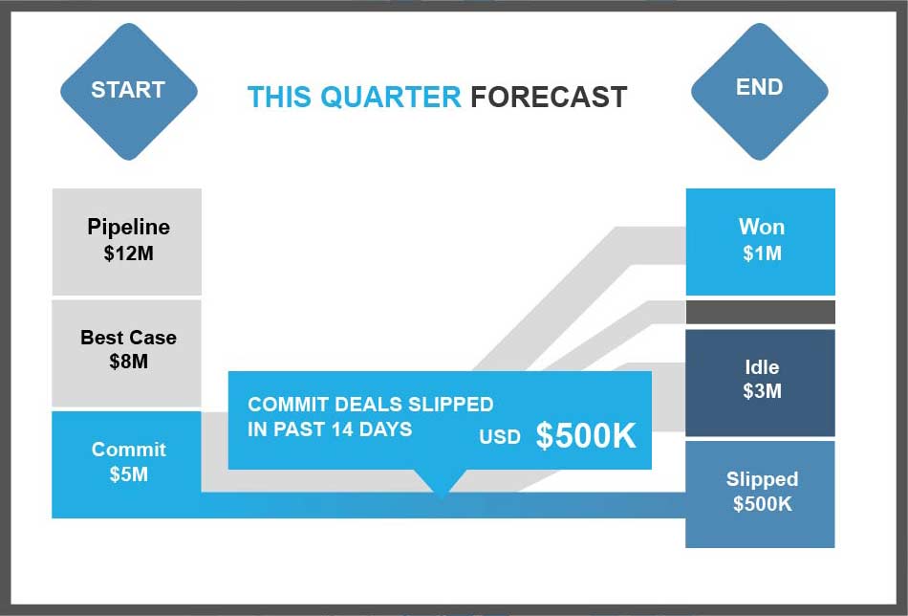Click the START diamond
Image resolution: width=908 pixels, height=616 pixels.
tap(129, 92)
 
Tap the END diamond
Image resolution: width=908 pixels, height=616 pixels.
tap(759, 92)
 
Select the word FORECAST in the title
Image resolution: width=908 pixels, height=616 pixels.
tap(549, 97)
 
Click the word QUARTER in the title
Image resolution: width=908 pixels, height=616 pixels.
tap(390, 98)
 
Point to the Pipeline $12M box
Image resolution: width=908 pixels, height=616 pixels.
tap(127, 242)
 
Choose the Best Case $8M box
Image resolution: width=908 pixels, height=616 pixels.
tap(127, 353)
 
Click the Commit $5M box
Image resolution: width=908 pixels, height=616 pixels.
tap(127, 465)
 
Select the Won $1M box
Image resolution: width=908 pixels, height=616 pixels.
tap(761, 242)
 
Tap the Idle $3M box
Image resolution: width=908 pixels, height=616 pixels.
tap(761, 383)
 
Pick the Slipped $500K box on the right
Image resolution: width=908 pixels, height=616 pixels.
tap(761, 495)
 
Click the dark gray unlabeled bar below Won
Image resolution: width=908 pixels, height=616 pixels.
tap(761, 313)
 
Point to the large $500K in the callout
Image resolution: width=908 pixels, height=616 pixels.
tap(586, 435)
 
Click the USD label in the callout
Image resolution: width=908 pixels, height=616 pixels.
tap(499, 437)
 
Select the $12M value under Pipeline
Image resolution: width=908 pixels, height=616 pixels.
tap(129, 253)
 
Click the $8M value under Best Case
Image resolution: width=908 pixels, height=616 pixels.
tap(129, 362)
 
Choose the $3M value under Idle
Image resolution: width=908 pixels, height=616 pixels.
tap(762, 391)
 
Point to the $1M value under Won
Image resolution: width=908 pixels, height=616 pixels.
tap(762, 253)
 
